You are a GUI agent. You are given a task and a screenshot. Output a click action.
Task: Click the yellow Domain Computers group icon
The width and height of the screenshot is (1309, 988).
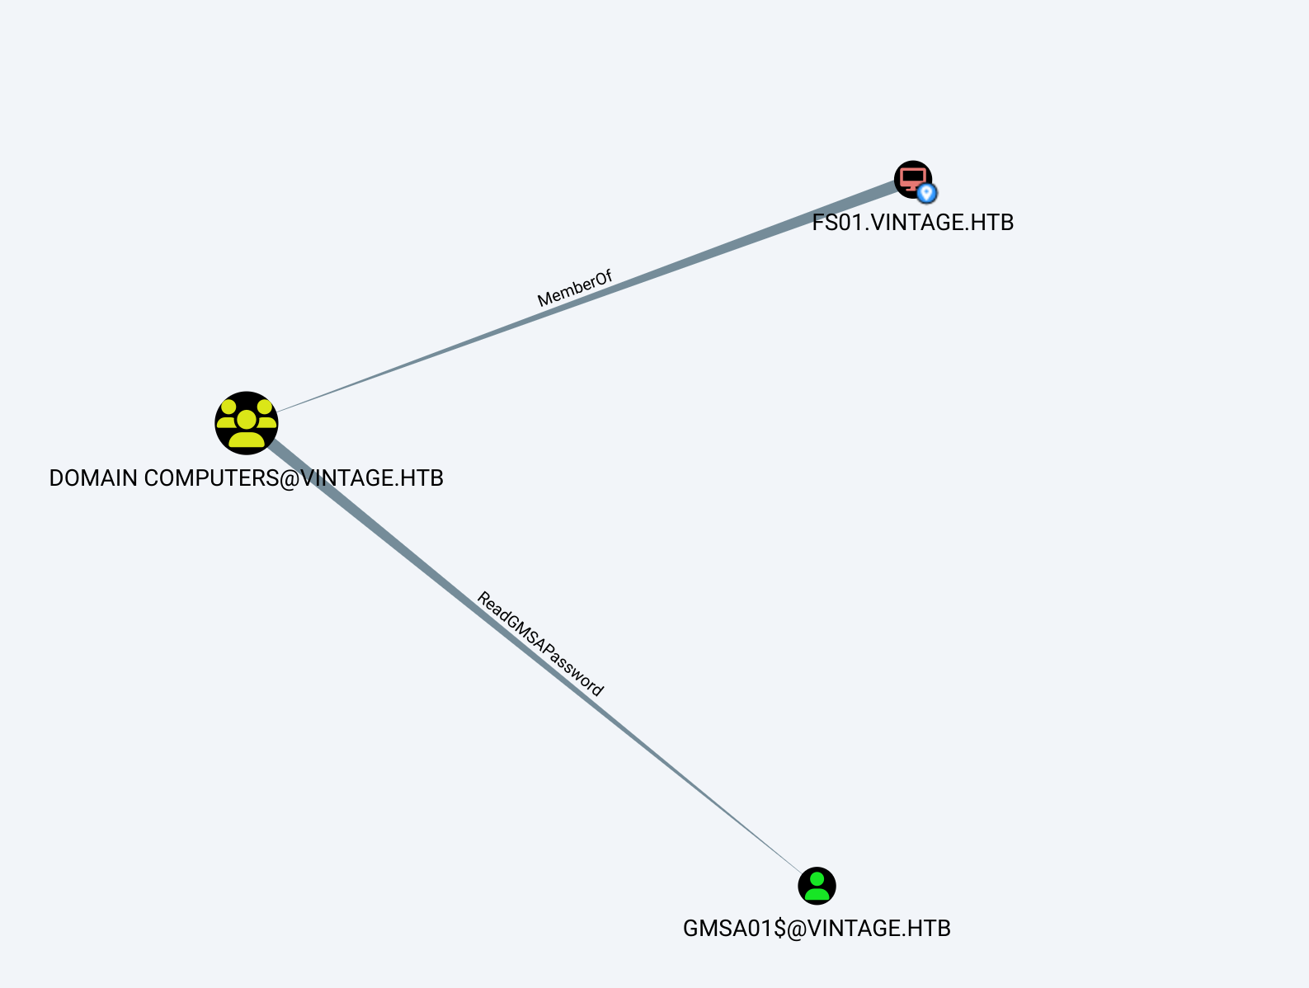click(247, 423)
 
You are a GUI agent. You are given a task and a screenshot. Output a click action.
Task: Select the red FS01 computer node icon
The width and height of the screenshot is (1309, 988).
click(911, 178)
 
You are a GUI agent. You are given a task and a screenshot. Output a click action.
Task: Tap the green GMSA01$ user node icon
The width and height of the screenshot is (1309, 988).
click(817, 886)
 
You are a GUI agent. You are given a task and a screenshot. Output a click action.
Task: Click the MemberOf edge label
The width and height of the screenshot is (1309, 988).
click(575, 289)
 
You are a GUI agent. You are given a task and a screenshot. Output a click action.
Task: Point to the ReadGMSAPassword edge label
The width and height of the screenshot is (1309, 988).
click(540, 645)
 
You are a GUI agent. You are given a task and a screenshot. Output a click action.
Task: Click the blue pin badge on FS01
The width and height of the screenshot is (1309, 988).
click(927, 193)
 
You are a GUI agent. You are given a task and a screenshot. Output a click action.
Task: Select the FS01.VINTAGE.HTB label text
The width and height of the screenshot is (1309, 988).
click(912, 223)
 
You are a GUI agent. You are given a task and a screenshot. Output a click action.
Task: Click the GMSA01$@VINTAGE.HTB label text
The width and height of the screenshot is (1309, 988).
click(817, 929)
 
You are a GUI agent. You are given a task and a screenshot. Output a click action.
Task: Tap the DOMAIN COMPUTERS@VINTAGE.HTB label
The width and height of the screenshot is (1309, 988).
click(247, 478)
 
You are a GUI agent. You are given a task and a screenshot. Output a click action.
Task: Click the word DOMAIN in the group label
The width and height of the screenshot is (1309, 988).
click(93, 478)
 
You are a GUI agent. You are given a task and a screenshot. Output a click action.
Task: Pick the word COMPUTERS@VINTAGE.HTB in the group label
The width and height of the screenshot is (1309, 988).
click(294, 478)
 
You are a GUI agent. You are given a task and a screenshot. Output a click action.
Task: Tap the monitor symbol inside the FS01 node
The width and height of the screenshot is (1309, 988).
click(911, 177)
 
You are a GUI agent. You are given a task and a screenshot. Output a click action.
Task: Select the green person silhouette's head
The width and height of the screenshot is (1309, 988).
click(817, 878)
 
